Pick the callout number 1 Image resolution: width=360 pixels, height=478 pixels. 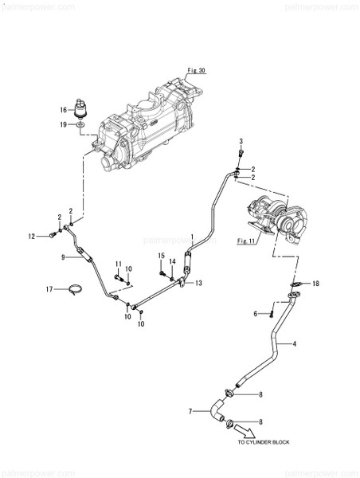pyautogui.click(x=193, y=237)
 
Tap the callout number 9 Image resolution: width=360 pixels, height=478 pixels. pyautogui.click(x=62, y=257)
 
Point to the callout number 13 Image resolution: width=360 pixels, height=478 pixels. pyautogui.click(x=199, y=283)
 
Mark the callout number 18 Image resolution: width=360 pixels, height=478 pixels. pyautogui.click(x=315, y=284)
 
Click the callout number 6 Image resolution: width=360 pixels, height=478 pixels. pyautogui.click(x=255, y=315)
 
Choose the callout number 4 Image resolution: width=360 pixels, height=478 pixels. pyautogui.click(x=295, y=344)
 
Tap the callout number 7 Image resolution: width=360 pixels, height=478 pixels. pyautogui.click(x=190, y=411)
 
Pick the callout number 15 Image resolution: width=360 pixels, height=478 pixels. pyautogui.click(x=160, y=257)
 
